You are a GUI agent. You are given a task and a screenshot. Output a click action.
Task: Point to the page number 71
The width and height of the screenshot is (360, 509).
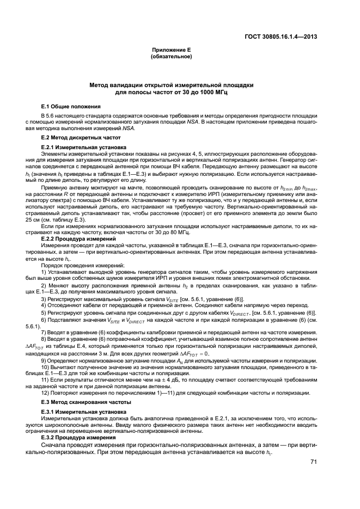pyautogui.click(x=313, y=461)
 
